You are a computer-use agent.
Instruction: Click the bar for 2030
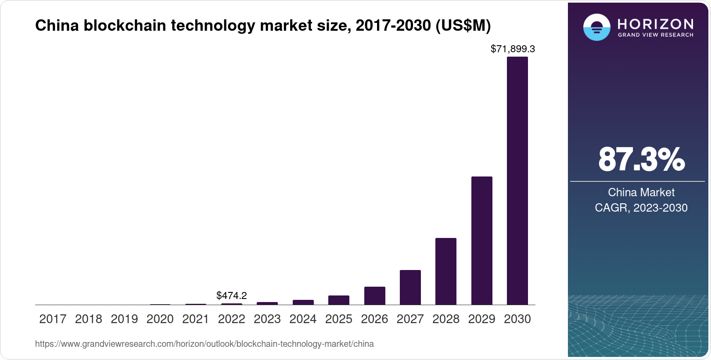pos(517,180)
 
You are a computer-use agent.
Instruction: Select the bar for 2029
pos(481,241)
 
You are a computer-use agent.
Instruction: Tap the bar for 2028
pos(445,271)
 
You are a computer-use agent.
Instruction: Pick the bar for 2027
pos(410,288)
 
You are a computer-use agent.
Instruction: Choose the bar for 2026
pos(374,296)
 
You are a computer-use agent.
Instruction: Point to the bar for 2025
pos(338,300)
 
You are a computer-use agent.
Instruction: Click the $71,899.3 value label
pos(512,49)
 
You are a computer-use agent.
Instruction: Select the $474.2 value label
pos(231,295)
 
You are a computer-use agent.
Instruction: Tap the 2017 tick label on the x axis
pos(53,319)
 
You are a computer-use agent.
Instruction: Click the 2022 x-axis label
pos(231,319)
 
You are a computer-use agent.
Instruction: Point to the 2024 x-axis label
pos(303,319)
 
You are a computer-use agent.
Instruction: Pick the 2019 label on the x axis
pos(124,319)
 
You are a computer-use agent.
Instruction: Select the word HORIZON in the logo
pos(655,24)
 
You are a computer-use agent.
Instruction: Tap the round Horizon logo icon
pos(596,27)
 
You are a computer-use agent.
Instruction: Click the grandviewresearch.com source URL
pos(204,344)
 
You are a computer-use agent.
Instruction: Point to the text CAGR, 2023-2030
pos(641,208)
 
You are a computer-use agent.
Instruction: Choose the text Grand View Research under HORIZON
pos(655,35)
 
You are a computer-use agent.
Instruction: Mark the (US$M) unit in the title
pos(463,25)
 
